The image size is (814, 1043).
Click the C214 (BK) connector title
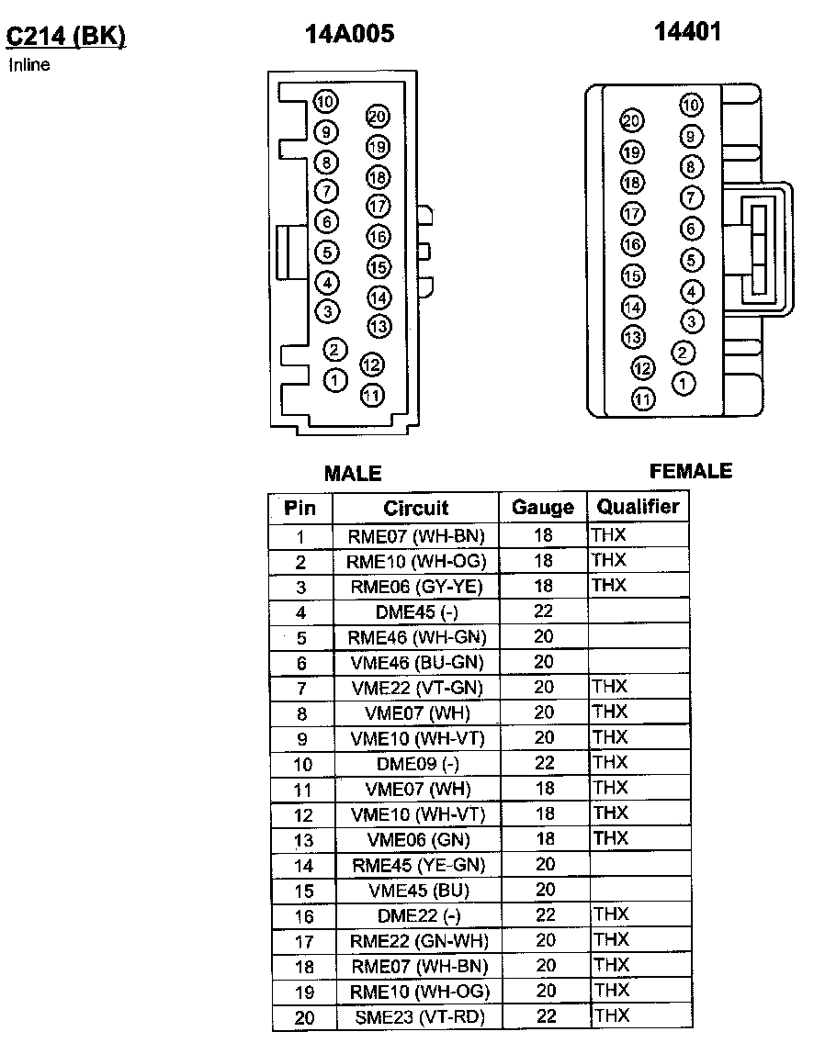pos(65,36)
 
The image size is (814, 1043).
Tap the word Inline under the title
pos(28,65)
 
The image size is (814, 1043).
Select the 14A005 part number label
pos(349,34)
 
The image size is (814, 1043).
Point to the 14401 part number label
pos(687,31)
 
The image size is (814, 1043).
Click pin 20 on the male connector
pos(378,116)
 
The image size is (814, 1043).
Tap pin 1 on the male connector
pos(335,378)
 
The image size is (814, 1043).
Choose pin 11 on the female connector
pos(644,399)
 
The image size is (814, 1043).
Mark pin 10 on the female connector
pos(691,105)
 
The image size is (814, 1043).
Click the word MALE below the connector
pos(353,474)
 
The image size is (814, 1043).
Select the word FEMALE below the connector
pos(691,471)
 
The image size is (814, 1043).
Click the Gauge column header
pos(542,508)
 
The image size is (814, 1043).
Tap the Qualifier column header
pos(638,507)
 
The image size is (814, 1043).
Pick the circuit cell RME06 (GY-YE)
pos(416,587)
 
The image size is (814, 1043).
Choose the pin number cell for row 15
pos(300,892)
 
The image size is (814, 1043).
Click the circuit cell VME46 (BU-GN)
pos(416,662)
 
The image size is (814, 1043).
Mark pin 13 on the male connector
pos(379,325)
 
